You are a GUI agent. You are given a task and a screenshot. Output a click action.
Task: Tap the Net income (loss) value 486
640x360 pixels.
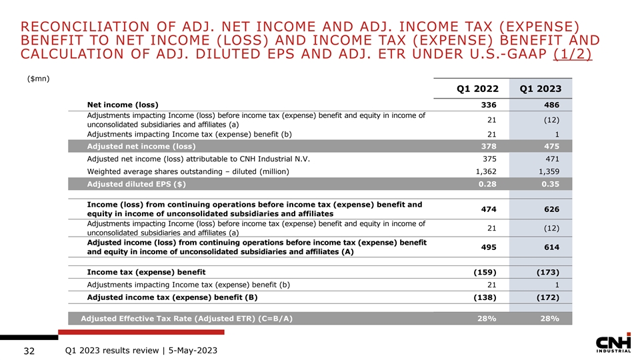point(551,105)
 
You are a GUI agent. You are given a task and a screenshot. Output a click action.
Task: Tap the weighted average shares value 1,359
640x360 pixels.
point(547,172)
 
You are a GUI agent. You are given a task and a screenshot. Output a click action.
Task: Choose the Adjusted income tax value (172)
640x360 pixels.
point(547,297)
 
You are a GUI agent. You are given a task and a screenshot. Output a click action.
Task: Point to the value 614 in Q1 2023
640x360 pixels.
point(551,247)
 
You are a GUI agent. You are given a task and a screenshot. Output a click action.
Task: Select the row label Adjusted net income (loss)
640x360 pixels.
point(141,147)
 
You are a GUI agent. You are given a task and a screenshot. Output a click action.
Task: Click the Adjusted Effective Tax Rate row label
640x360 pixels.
point(187,319)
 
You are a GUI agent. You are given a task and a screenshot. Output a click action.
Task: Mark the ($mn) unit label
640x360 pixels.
point(39,78)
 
